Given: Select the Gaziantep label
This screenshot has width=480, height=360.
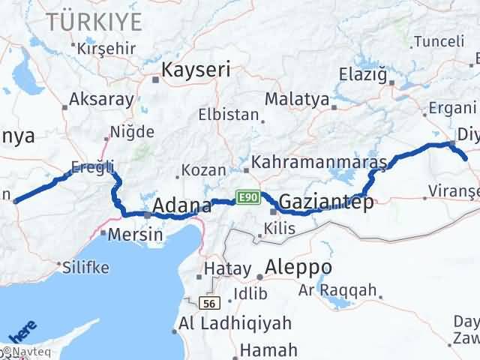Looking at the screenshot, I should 325,202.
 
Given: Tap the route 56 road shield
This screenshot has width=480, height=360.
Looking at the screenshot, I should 208,303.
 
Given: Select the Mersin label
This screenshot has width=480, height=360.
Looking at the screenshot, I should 136,234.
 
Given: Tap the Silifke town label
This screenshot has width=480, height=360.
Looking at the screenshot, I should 85,267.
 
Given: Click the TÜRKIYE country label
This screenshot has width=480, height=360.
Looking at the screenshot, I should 93,22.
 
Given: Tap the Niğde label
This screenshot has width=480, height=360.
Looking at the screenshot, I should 132,133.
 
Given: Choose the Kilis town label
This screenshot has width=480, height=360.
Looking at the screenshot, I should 279,229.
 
